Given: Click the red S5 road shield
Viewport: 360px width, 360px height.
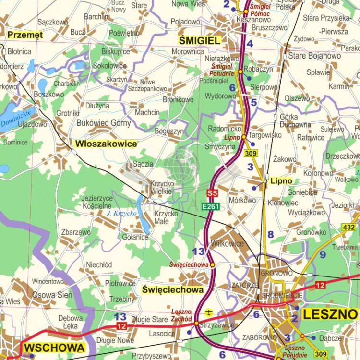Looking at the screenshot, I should [x=212, y=194].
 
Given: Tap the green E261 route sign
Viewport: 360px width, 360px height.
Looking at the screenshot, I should [x=211, y=206].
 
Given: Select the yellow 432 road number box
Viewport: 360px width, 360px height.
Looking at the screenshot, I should [x=349, y=227].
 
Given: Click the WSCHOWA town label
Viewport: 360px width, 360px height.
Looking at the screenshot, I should [x=54, y=348].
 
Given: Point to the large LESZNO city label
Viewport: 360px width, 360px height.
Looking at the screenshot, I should [x=330, y=314].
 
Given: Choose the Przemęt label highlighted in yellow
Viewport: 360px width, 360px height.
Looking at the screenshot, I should [x=25, y=35].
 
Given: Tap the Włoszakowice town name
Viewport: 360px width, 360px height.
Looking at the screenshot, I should [x=106, y=144].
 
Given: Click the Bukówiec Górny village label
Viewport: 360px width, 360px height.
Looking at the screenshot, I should [x=104, y=123].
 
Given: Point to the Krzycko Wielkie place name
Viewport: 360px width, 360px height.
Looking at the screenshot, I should [x=161, y=187].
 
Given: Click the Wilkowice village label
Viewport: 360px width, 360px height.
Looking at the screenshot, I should [x=228, y=243].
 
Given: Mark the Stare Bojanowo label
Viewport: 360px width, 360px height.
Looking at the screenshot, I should [x=314, y=56].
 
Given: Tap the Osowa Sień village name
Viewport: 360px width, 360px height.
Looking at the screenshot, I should [x=52, y=295].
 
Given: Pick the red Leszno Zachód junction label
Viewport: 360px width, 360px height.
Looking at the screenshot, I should [x=181, y=315].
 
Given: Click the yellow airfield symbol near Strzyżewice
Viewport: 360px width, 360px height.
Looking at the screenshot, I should [x=209, y=312].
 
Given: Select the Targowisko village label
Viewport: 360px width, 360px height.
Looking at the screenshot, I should [x=265, y=135].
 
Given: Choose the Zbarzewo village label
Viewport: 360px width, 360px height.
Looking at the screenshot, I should [x=76, y=232].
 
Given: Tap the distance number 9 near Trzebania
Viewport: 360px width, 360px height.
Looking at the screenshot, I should [x=323, y=254].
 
